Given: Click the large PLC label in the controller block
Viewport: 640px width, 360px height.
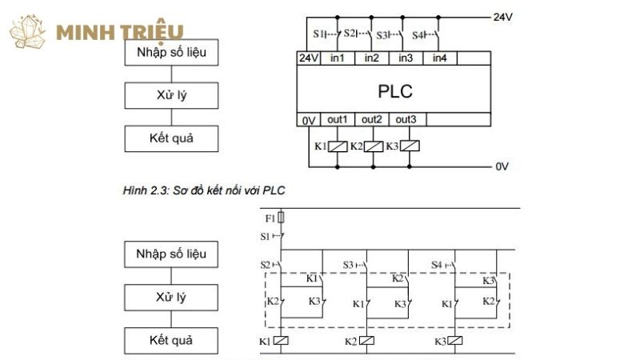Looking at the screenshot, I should [394, 90].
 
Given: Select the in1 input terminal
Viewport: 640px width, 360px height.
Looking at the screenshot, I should [337, 58].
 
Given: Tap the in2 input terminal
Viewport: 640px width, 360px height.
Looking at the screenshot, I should [371, 58].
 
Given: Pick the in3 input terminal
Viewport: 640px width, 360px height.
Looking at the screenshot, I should [406, 58].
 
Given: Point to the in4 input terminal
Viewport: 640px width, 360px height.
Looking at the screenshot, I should [439, 58].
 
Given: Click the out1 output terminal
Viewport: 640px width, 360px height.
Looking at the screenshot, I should [338, 120].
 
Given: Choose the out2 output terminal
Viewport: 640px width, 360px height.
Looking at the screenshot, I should [372, 120].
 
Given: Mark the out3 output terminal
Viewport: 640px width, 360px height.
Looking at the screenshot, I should [406, 120].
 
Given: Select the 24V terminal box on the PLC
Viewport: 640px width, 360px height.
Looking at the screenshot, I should [309, 58].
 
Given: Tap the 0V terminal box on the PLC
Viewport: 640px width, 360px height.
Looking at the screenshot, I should [309, 120].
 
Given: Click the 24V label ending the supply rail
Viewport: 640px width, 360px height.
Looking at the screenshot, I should [502, 16].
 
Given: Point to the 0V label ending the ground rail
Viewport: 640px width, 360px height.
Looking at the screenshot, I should [502, 166].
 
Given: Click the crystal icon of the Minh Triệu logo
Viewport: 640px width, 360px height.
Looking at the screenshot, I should [30, 32].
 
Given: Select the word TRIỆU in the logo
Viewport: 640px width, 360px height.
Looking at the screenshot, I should [154, 33].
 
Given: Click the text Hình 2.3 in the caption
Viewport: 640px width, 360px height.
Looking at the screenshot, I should [142, 190].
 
